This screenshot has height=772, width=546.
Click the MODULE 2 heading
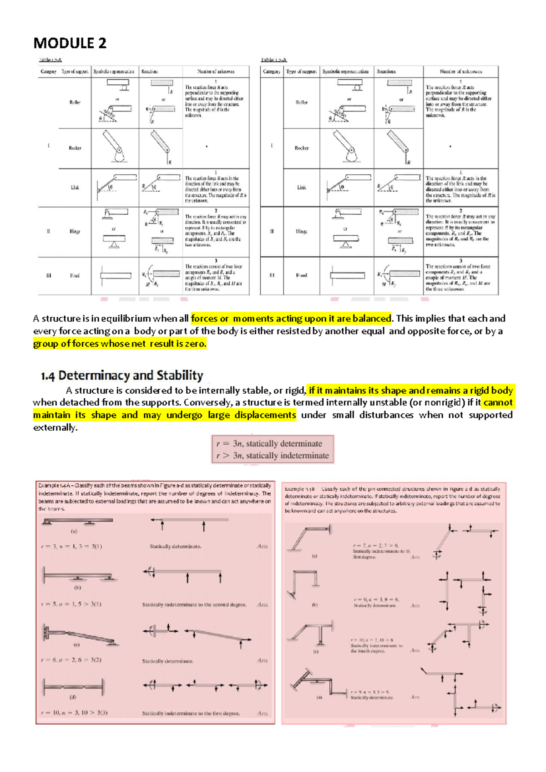(70, 43)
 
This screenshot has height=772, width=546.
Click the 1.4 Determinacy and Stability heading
(121, 376)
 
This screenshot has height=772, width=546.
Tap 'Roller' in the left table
(75, 102)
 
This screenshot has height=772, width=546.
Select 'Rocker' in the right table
(301, 148)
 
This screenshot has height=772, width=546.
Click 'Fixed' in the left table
(75, 275)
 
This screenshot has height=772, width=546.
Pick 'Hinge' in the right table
(301, 231)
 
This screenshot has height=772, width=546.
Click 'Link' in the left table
(75, 188)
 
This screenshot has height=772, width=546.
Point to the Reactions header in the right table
(386, 71)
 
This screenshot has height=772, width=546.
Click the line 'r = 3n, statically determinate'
(269, 443)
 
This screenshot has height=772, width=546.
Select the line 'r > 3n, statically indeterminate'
(273, 456)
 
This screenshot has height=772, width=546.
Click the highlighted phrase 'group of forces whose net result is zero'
(120, 344)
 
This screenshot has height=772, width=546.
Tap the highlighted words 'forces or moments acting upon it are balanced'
(291, 318)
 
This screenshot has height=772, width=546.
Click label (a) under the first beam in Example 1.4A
(74, 531)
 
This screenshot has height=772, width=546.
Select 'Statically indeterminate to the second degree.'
(194, 604)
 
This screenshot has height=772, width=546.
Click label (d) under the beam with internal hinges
(73, 697)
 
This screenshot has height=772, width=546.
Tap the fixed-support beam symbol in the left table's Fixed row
(115, 275)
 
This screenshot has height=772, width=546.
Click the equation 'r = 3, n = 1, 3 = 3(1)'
(71, 546)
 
